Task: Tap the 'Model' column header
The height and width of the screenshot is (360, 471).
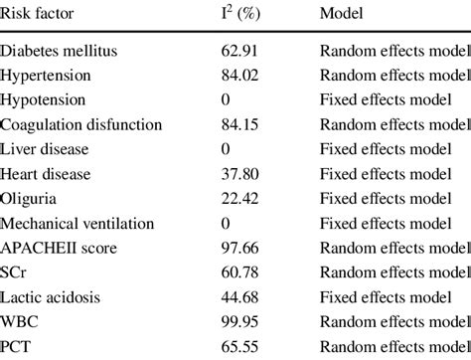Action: pyautogui.click(x=340, y=15)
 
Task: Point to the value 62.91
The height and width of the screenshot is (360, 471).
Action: pyautogui.click(x=241, y=52)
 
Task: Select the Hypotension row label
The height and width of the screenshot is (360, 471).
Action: pyautogui.click(x=44, y=100)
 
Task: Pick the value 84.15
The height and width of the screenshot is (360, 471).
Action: pyautogui.click(x=241, y=125)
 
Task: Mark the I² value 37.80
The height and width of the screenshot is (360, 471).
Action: pyautogui.click(x=241, y=174)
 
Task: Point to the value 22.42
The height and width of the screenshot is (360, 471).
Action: pyautogui.click(x=241, y=199)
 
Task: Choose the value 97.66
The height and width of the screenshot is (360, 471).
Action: pyautogui.click(x=241, y=248)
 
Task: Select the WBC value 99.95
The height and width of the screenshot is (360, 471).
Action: pyautogui.click(x=241, y=321)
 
